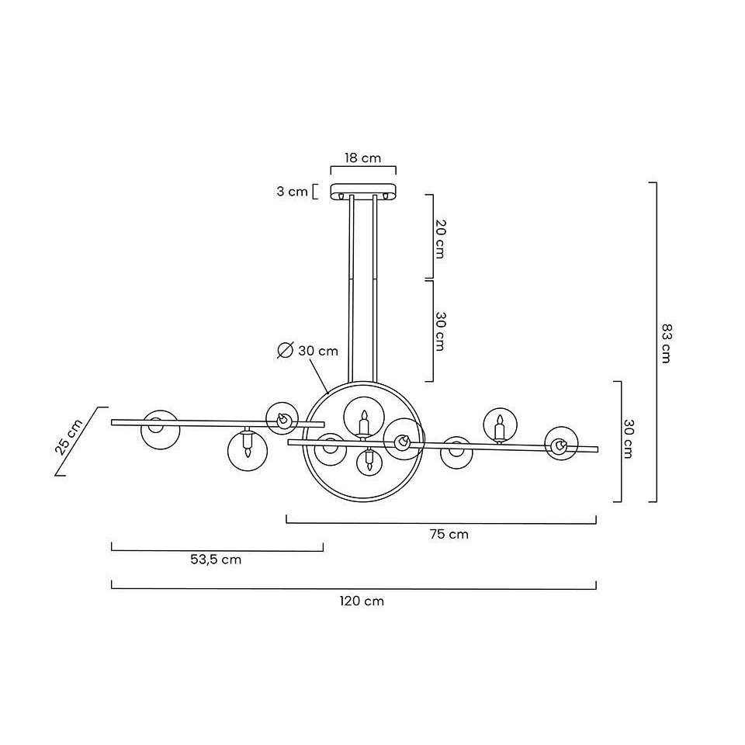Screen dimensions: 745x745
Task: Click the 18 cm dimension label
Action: (x=363, y=158)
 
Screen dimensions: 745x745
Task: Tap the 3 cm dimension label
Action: (x=293, y=192)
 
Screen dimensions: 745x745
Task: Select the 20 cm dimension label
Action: (x=441, y=239)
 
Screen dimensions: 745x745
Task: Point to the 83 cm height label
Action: (x=667, y=343)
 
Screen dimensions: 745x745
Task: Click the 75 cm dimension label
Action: (x=449, y=535)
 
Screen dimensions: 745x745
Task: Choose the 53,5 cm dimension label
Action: (x=216, y=560)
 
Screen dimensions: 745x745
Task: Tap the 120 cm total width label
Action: (x=362, y=601)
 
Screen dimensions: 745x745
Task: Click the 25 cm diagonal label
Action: (x=69, y=437)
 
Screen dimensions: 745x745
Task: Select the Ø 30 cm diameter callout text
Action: (x=308, y=351)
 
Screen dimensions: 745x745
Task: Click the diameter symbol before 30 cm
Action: (x=285, y=351)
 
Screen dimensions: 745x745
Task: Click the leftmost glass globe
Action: (x=161, y=429)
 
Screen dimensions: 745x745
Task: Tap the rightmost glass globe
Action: (x=561, y=444)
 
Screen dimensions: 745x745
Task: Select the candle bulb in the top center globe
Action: (x=363, y=424)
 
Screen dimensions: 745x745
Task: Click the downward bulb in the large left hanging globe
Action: (x=247, y=442)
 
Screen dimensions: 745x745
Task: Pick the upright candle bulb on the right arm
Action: (x=499, y=428)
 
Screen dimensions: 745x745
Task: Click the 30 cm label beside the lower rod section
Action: (x=441, y=331)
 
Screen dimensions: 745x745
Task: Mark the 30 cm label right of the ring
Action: (x=628, y=438)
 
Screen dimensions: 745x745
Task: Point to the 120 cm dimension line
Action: (x=354, y=589)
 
